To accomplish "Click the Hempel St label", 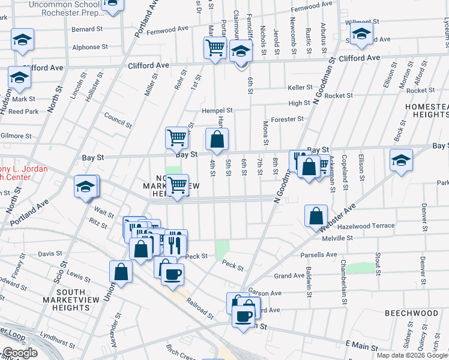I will point(217,110).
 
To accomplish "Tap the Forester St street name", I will point(288,119).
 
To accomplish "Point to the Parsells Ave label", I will point(319,254).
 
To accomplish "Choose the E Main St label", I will point(361,346).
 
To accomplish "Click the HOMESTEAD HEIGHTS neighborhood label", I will point(427,110).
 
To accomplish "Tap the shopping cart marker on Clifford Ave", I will point(215,47).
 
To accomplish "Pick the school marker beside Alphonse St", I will point(23,40).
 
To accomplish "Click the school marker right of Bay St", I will point(401,160).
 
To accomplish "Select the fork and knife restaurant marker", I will point(175,242).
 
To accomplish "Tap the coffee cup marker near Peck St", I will point(172,274).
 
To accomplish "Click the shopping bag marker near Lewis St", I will point(121,271).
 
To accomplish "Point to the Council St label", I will point(118,121).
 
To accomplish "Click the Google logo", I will point(20,353).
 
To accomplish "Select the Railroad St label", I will point(199,309).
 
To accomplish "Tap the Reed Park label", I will point(23,111).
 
